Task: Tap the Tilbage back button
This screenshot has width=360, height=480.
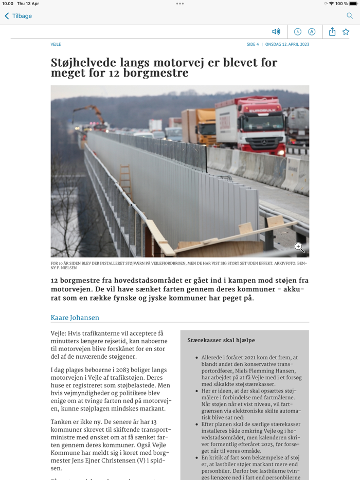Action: click(19, 16)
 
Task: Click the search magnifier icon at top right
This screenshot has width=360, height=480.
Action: click(350, 16)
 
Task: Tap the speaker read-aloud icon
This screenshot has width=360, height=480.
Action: click(276, 32)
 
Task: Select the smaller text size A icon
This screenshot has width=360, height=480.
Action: click(297, 32)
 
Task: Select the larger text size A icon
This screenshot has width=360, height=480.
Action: click(312, 32)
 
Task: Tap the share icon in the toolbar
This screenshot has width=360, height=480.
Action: click(332, 32)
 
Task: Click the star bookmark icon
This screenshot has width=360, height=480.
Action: click(346, 32)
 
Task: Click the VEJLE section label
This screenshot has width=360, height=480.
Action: click(56, 45)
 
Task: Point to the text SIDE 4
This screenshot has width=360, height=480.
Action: click(253, 45)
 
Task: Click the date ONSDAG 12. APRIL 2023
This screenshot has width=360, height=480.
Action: click(287, 45)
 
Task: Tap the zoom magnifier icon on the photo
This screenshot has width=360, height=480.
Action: click(299, 248)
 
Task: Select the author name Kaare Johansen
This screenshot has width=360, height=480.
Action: click(75, 318)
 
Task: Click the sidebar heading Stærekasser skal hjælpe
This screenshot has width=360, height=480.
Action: click(221, 340)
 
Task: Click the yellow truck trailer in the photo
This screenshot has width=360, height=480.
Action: click(200, 126)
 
